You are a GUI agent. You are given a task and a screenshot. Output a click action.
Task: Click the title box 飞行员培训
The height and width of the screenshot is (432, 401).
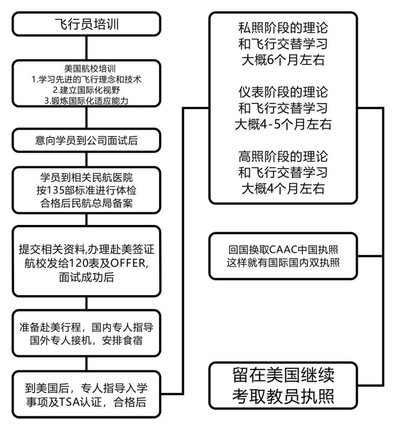[87, 24]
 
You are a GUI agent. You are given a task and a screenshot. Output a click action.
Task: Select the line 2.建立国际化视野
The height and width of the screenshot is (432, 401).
[87, 90]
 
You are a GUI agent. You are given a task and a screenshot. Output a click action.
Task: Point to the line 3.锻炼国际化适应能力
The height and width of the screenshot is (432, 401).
[87, 101]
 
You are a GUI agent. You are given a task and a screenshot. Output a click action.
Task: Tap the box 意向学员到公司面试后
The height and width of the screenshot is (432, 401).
[87, 140]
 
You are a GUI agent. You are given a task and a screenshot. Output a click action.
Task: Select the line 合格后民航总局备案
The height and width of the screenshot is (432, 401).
[87, 204]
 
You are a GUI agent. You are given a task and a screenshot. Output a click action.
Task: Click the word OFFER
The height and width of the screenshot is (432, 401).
[128, 263]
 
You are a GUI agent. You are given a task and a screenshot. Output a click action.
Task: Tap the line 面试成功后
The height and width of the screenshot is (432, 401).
[87, 277]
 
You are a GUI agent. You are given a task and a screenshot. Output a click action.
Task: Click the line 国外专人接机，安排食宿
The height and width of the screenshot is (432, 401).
[87, 340]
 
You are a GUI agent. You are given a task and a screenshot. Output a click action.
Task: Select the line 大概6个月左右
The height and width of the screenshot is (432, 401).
[283, 60]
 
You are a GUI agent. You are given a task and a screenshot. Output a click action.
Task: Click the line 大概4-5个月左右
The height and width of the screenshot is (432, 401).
[283, 124]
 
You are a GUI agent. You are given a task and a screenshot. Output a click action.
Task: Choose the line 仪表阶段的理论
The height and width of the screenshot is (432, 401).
[283, 92]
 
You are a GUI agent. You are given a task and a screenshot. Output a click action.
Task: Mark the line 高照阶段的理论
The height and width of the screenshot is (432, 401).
[283, 157]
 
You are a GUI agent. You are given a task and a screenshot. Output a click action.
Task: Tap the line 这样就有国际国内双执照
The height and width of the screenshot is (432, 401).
[283, 263]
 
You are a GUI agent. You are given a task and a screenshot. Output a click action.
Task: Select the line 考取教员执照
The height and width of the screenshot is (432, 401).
[283, 396]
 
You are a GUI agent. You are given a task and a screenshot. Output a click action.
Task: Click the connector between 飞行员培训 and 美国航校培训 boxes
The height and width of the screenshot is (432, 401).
[87, 48]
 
